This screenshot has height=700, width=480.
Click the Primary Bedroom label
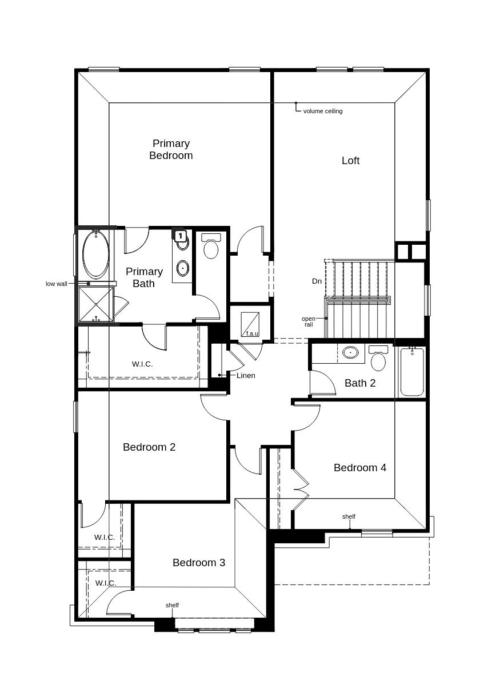171,149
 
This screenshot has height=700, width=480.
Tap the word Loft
350,161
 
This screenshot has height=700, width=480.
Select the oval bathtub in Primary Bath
95,254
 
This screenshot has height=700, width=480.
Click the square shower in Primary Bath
95,305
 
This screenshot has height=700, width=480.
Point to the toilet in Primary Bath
211,246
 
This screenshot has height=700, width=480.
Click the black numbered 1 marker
180,236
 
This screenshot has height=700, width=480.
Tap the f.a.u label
252,333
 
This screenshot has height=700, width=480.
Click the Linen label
246,376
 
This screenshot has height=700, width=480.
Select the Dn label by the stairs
317,281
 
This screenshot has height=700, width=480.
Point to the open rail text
308,321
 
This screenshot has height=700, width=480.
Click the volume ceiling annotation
322,111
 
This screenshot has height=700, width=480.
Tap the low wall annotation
57,284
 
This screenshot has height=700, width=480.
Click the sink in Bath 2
350,352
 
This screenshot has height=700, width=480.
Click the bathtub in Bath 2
412,372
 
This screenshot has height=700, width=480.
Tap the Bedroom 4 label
359,468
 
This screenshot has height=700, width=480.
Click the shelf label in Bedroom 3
172,605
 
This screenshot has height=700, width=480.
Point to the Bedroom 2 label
149,447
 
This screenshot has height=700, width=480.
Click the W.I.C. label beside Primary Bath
142,364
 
